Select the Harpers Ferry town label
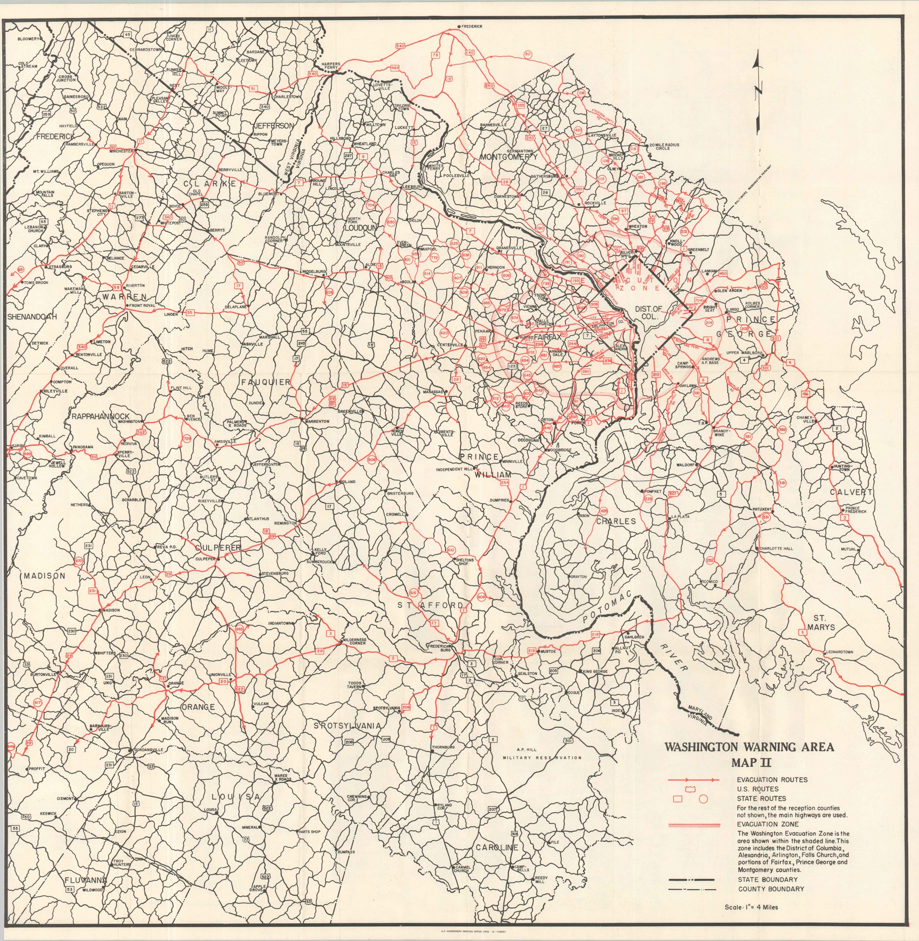pyautogui.click(x=331, y=66)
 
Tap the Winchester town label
pyautogui.click(x=121, y=151)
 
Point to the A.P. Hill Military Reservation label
pyautogui.click(x=542, y=754)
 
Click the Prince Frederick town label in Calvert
pyautogui.click(x=856, y=510)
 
